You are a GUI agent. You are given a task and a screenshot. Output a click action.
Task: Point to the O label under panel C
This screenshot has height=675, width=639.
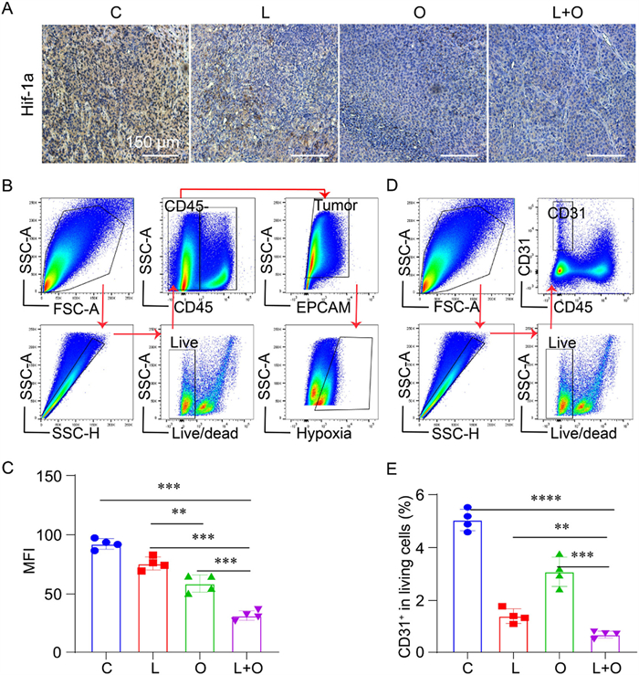pyautogui.click(x=200, y=666)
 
